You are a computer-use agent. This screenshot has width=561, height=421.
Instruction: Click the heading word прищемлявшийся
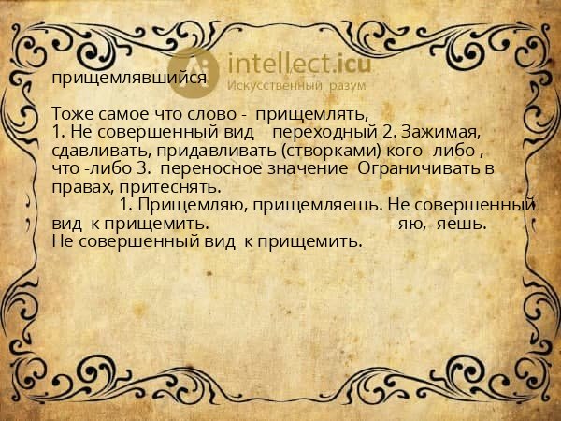click(129, 78)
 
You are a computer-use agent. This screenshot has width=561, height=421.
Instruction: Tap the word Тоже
click(73, 114)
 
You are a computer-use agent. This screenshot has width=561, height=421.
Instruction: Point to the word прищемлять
click(312, 115)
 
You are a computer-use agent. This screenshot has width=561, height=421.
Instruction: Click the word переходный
click(324, 133)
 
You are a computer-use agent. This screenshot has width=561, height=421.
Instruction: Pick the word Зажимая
click(440, 132)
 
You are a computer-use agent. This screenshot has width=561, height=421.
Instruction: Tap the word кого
click(404, 151)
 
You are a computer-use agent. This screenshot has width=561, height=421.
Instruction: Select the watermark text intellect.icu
click(299, 64)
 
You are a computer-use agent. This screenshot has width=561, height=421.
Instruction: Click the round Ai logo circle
click(194, 73)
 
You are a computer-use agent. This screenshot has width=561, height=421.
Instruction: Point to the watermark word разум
click(348, 86)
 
